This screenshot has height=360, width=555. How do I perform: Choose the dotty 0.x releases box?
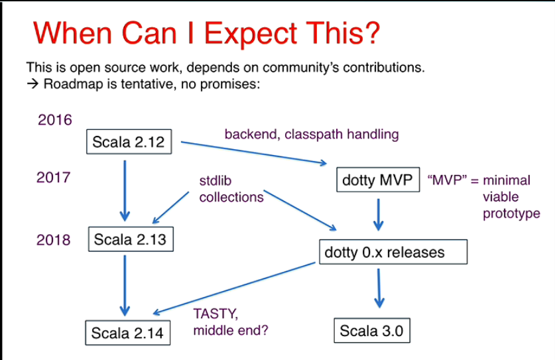[394, 253]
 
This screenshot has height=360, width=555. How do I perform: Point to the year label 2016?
[54, 120]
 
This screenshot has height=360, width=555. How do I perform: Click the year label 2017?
[54, 179]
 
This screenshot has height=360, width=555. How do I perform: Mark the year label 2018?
[54, 239]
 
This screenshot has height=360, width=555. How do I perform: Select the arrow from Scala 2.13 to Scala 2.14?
[124, 285]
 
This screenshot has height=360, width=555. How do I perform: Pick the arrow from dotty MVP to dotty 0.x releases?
[377, 214]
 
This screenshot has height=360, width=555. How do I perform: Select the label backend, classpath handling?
[312, 135]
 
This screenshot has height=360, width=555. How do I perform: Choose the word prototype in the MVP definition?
[511, 213]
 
